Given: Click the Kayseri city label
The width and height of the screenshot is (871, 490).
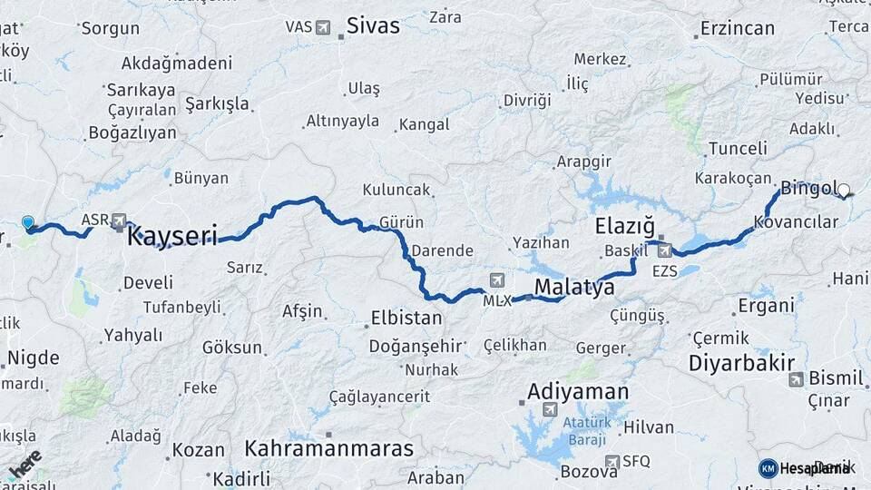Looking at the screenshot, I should coord(172,238).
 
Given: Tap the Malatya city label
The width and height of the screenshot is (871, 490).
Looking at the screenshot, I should coord(574,288).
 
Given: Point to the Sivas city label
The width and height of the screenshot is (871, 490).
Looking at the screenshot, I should coord(374,26).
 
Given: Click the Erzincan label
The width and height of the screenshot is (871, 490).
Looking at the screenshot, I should coord(738,28).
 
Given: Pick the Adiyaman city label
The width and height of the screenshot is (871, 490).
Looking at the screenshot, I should coord(578,392).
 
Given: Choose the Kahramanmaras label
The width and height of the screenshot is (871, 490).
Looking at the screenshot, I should coord(328,448).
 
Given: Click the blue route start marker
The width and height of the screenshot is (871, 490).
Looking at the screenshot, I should coord(28,222).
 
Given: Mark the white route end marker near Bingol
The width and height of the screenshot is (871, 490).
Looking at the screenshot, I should coord(844,191).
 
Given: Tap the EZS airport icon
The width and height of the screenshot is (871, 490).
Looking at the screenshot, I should coord(665,250).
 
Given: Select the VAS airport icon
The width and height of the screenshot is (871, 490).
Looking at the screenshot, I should coord(323,27).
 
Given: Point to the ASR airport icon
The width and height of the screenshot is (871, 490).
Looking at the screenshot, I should coord(119,220).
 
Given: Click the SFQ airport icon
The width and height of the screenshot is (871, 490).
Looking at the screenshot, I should coord(612,461).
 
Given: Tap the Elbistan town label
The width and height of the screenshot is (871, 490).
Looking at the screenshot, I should coord(406,318).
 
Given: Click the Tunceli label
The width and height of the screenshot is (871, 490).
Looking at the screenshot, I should coord(738,148).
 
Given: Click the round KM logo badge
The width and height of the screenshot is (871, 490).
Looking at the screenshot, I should coord(768,468).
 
